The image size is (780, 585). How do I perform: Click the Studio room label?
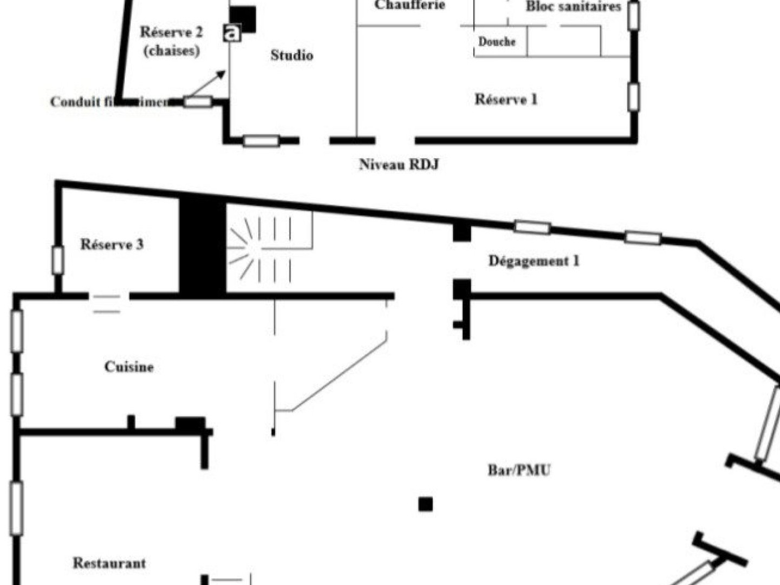pos(291,55)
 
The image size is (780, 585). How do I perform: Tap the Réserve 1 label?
pos(506,99)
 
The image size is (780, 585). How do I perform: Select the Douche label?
pos(497,42)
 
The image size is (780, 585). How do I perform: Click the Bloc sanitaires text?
pos(573,7)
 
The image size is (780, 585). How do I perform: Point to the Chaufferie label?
pos(409,5)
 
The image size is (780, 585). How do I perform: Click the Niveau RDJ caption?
pos(399,164)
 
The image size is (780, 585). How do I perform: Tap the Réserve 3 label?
pos(112,244)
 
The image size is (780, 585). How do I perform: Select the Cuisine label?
pos(129,367)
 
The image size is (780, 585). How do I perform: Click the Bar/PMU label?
pos(519,470)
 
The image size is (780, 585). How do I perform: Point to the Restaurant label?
pos(109,563)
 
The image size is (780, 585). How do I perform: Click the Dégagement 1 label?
pos(534,261)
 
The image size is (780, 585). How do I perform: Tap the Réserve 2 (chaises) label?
pos(171,41)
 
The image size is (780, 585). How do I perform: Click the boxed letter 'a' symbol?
pos(232,32)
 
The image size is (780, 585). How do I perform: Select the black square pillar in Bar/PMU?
pos(426,504)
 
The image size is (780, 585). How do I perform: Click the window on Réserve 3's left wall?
pos(57,260)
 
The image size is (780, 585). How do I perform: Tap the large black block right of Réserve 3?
pos(202,248)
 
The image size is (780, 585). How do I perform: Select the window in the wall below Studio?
pos(261,141)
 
